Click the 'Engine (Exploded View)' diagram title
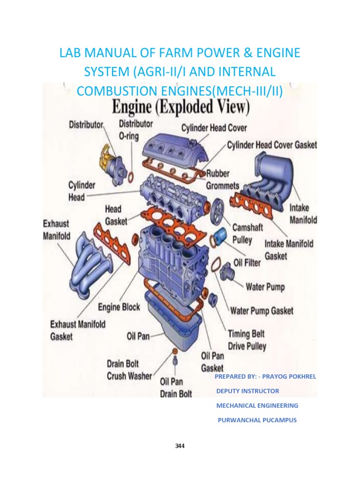pos(180,107)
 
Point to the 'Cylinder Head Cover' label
pos(214,127)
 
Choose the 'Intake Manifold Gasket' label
pos(289,250)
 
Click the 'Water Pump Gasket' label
pos(262,310)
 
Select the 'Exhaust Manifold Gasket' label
pos(78,330)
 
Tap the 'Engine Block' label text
pos(119,307)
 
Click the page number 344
pos(180,446)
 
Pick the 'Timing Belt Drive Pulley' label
pos(247,340)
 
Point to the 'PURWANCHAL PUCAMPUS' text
pos(257,420)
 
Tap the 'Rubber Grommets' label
pos(223,179)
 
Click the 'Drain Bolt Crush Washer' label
pos(129,370)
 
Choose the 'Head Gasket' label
pos(115,215)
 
